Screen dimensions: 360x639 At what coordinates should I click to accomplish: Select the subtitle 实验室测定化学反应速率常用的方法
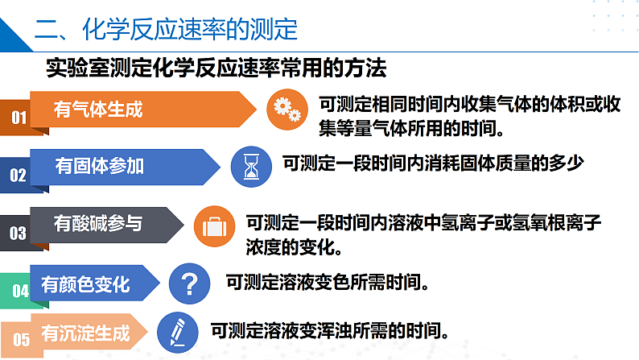216,68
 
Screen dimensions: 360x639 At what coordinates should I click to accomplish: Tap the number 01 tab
19,118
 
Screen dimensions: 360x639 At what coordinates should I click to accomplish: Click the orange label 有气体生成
98,110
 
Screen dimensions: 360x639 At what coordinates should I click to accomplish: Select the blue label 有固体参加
100,166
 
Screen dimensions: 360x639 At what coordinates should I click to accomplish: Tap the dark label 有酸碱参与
98,223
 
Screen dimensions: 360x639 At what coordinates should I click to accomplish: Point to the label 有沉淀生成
85,332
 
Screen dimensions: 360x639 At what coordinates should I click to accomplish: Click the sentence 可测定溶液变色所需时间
326,282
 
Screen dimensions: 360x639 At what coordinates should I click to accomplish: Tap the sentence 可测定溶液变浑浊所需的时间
329,330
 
